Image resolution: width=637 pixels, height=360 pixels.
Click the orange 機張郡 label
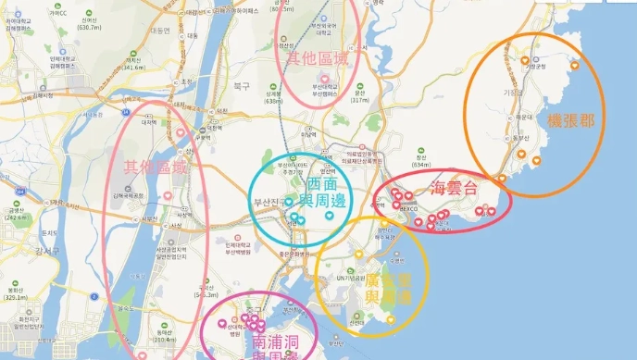click(x=571, y=121)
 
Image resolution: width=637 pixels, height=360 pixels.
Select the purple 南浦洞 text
click(x=274, y=342)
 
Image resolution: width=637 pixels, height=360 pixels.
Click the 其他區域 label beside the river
click(x=155, y=168)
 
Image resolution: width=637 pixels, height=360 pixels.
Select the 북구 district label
click(x=243, y=85)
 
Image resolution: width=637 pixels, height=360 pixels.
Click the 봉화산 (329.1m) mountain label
click(x=16, y=293)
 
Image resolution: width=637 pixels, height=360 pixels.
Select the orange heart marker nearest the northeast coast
click(x=573, y=64)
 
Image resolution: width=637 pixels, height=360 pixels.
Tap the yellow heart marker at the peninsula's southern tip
click(x=391, y=320)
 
